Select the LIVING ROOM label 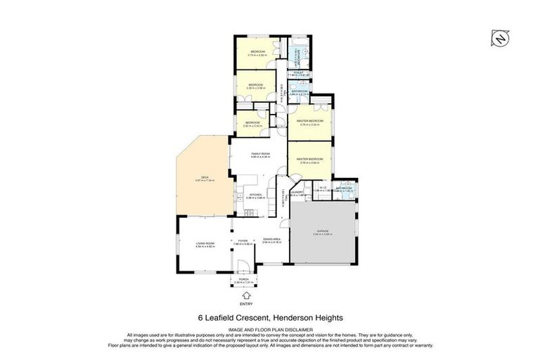(205, 243)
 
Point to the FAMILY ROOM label (260, 153)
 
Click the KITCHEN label (255, 195)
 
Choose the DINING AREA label (271, 239)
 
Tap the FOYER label (243, 239)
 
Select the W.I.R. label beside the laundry (321, 188)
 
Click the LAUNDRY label (297, 192)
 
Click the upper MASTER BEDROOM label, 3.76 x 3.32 (310, 121)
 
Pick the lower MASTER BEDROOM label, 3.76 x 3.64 (310, 159)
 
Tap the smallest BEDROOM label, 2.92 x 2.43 (252, 123)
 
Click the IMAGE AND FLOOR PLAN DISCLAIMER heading (269, 328)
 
